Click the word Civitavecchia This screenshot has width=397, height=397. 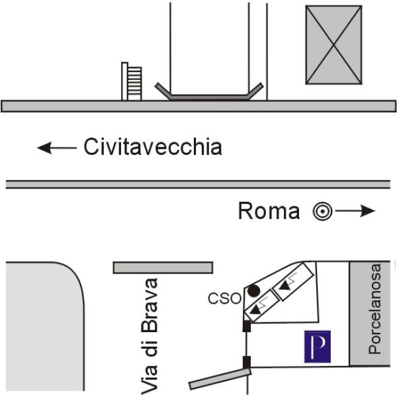click(153, 147)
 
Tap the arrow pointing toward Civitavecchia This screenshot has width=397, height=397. click(57, 148)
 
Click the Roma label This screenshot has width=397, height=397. click(269, 211)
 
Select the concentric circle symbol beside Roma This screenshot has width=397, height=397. click(322, 211)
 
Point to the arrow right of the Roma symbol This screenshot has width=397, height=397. click(355, 210)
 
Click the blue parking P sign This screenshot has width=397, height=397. click(318, 346)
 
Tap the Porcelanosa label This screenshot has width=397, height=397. click(375, 309)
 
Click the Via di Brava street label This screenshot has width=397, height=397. click(150, 336)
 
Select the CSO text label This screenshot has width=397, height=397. click(224, 298)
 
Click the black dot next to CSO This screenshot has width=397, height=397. click(253, 290)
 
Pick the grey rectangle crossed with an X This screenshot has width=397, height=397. click(333, 45)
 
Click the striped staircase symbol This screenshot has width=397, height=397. click(132, 81)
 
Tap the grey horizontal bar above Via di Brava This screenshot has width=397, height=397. click(163, 267)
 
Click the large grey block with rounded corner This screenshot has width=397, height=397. click(44, 327)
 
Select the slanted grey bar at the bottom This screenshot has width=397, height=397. click(220, 378)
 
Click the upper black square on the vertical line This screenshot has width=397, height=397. click(247, 326)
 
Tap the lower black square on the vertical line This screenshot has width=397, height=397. click(247, 362)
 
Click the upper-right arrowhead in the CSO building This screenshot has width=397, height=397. click(285, 286)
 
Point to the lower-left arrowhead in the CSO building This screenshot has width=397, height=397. click(255, 309)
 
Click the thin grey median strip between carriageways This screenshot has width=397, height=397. click(198, 185)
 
